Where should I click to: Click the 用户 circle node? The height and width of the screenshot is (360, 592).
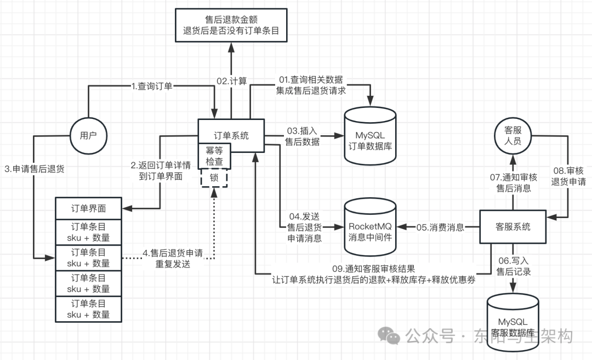point(88,135)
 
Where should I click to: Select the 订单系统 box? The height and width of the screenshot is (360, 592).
point(231,135)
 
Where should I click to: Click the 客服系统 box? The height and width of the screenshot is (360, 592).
point(513,226)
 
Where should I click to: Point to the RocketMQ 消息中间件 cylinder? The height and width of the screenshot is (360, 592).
point(370,226)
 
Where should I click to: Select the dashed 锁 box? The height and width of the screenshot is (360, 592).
point(214,178)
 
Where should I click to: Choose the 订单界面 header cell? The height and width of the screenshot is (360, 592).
point(88,208)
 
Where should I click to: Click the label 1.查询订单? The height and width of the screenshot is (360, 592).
point(152,86)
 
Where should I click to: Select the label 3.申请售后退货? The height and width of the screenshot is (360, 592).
point(34,169)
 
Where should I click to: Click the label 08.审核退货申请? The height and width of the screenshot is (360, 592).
point(567,176)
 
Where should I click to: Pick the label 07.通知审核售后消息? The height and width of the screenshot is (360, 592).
point(513,182)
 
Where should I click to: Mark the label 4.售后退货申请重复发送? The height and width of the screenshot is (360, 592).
point(173,258)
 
